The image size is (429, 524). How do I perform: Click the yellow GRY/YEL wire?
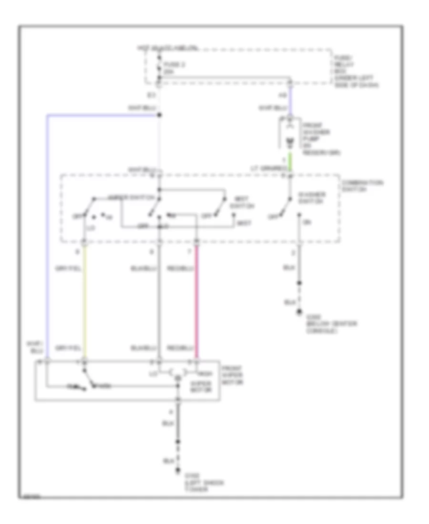coord(85,300)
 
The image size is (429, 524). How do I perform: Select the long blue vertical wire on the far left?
coord(47,238)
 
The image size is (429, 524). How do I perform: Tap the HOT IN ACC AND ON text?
coord(168,49)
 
